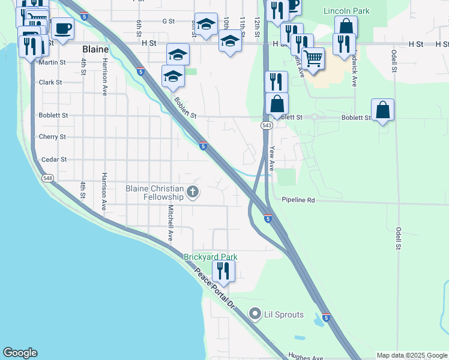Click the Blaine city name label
click(95, 49)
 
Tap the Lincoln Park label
click(346, 11)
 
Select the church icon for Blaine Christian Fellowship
click(192, 192)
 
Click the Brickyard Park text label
click(211, 257)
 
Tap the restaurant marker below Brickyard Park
click(223, 273)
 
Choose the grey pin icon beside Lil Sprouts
click(255, 314)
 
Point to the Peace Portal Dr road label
click(214, 289)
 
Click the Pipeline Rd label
click(298, 200)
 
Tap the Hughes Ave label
click(306, 356)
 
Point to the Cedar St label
click(54, 160)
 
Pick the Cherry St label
click(52, 137)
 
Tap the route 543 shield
click(267, 125)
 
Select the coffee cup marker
click(62, 28)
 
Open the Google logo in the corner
click(20, 353)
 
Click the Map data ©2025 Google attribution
click(412, 356)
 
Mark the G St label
click(168, 21)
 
